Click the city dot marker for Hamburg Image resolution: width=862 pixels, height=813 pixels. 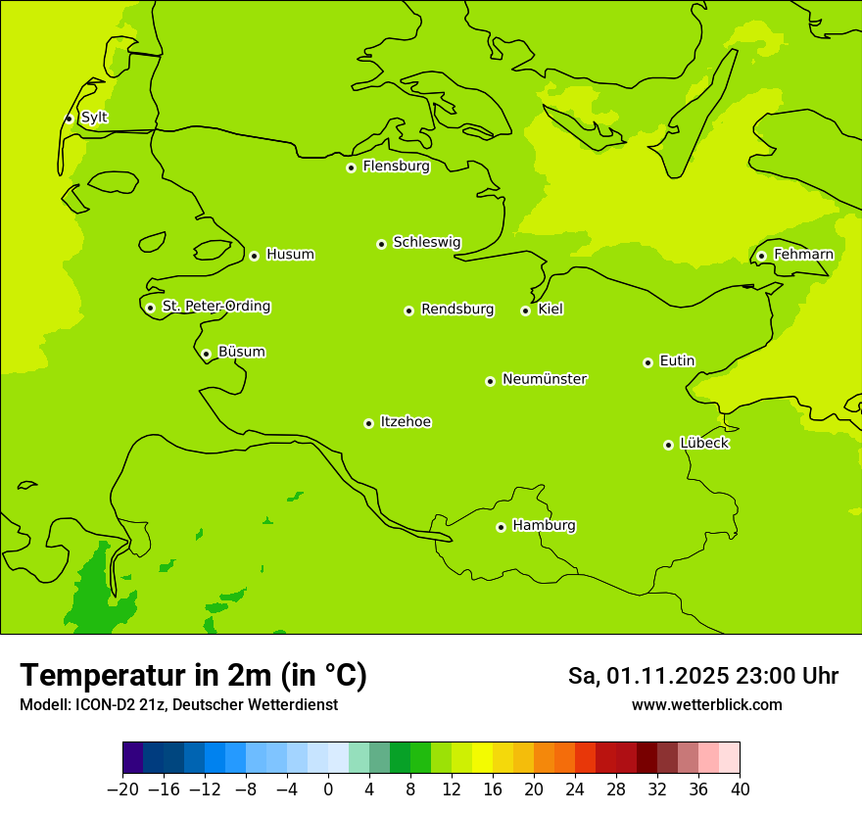[501, 527]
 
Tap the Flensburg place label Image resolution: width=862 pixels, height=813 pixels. [396, 167]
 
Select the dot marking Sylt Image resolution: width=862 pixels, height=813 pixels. [69, 119]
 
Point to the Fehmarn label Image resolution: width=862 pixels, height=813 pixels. [803, 255]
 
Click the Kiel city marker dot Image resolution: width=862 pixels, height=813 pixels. [525, 311]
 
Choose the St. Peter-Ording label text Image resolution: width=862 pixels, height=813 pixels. [216, 307]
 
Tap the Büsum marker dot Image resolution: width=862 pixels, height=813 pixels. [206, 354]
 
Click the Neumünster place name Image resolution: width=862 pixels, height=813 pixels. [545, 379]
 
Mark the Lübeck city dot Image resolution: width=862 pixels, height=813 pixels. [668, 445]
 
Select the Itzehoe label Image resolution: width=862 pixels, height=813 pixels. [406, 422]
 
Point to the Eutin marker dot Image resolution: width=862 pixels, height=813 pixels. [647, 362]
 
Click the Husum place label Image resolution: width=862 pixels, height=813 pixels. [290, 255]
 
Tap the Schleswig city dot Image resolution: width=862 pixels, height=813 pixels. [381, 244]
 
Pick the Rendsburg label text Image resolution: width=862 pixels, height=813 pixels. [457, 310]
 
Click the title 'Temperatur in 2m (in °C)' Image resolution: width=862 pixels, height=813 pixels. [194, 675]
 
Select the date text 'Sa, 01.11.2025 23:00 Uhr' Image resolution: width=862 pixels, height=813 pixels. [702, 676]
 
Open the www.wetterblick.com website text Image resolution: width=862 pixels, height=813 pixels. [706, 704]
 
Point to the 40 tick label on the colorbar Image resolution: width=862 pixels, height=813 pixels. [740, 789]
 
